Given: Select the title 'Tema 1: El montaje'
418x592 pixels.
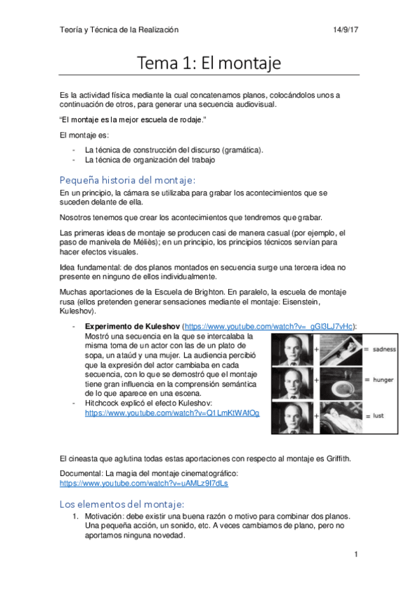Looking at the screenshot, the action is click(x=209, y=64).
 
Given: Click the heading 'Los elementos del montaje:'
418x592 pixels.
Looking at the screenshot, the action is click(x=121, y=503).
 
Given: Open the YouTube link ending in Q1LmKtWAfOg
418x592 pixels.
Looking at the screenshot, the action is click(x=172, y=413).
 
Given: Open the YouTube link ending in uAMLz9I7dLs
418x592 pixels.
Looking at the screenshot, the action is click(x=143, y=483).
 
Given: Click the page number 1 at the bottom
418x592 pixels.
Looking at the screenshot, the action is click(x=356, y=555).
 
